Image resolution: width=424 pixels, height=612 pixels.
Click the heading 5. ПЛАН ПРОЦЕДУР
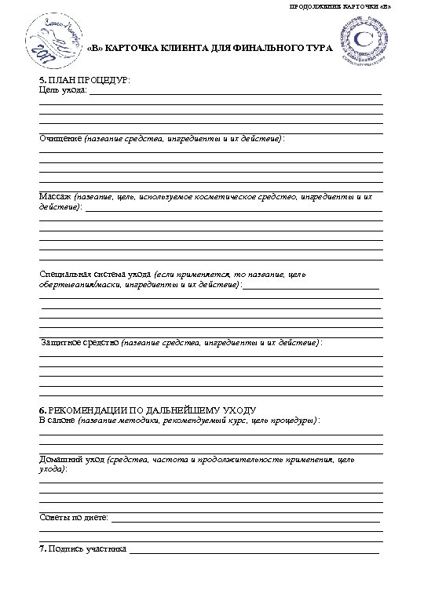85,81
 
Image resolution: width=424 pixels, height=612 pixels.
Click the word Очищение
60,139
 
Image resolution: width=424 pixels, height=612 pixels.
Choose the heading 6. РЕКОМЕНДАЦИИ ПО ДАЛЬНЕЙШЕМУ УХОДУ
148,410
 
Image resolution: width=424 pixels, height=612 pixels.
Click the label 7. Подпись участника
83,548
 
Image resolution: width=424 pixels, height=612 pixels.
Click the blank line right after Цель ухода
236,93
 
